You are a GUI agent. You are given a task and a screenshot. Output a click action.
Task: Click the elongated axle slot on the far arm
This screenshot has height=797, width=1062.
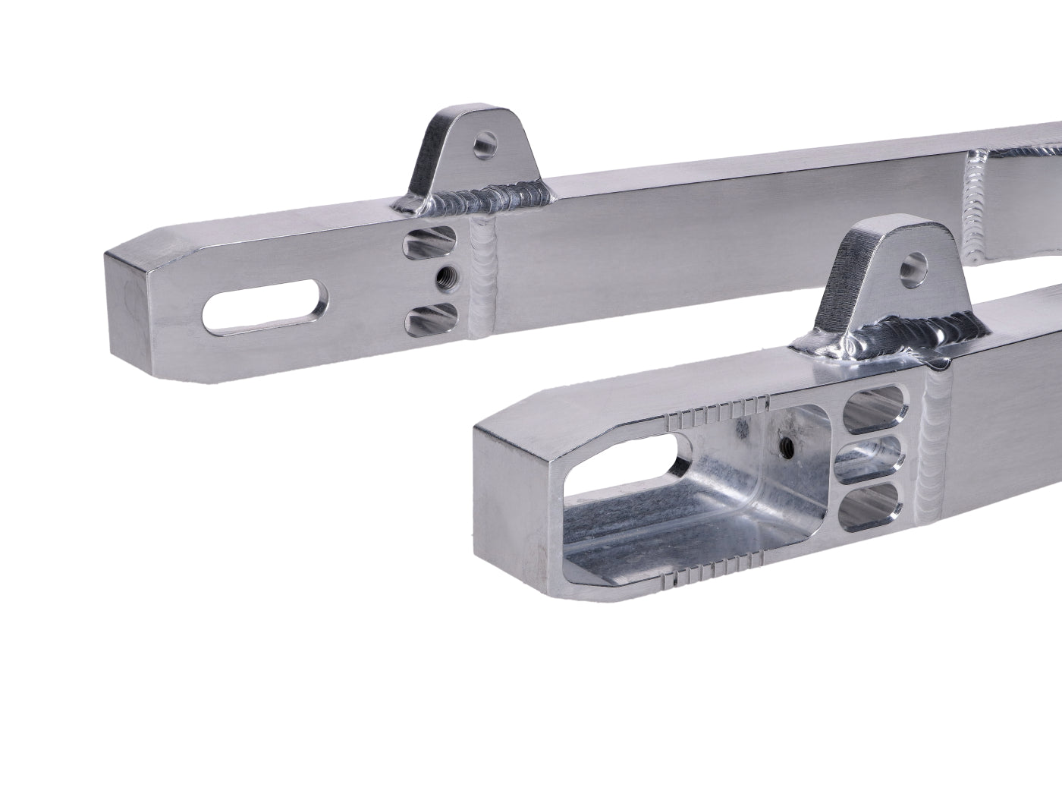point(261,307)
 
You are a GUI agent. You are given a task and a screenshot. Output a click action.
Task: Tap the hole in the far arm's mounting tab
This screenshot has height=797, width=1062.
point(482,143)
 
